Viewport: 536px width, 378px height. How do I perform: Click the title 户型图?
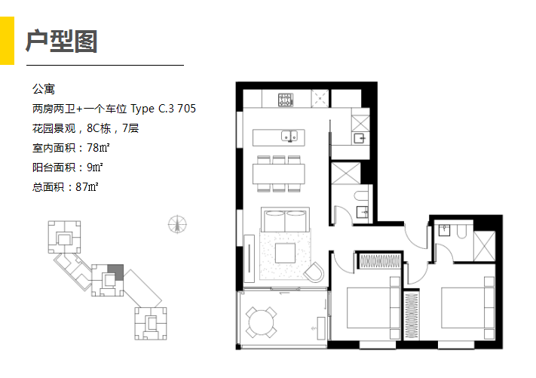click(x=62, y=41)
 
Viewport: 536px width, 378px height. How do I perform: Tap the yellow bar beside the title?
click(x=7, y=41)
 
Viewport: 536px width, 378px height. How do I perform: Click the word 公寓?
click(x=44, y=89)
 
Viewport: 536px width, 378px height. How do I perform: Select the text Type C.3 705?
click(x=164, y=109)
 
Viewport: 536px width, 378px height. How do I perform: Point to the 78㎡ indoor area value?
click(x=98, y=148)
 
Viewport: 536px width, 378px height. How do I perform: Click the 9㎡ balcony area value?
click(x=95, y=167)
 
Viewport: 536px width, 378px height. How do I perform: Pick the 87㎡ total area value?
click(x=87, y=187)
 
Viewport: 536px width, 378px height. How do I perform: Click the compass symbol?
click(x=177, y=224)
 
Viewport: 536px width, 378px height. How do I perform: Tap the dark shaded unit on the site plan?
click(x=116, y=272)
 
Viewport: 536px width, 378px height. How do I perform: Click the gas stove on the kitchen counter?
click(x=286, y=100)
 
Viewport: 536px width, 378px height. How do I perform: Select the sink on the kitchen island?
click(x=289, y=136)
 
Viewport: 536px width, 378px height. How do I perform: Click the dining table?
click(x=279, y=174)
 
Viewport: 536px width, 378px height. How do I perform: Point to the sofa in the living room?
click(x=285, y=220)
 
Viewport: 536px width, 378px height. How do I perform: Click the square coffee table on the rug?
click(x=285, y=254)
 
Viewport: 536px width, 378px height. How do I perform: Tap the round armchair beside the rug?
click(x=314, y=272)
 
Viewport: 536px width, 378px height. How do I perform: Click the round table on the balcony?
click(x=261, y=323)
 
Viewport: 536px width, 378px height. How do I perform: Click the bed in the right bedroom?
click(x=467, y=308)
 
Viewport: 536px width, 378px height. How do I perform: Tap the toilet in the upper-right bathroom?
click(x=461, y=232)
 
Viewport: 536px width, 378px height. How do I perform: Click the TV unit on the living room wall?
click(x=250, y=259)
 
